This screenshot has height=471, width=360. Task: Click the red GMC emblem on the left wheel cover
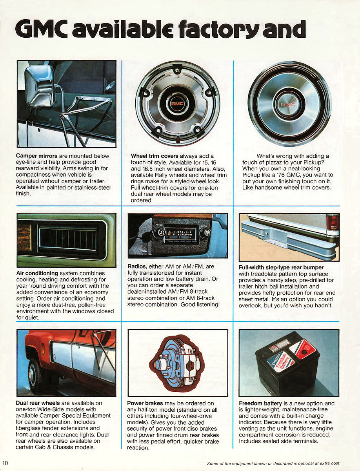tap(177, 104)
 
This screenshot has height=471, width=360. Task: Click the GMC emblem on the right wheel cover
tap(290, 104)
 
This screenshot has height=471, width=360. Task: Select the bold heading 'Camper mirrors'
tap(36, 156)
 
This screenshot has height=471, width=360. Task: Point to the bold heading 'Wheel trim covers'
tap(155, 156)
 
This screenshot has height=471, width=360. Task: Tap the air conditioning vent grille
tap(67, 238)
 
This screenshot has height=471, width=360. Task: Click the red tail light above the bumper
tap(333, 222)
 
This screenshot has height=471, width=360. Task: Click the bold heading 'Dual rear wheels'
tap(38, 403)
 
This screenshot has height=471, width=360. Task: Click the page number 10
tap(5, 463)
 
